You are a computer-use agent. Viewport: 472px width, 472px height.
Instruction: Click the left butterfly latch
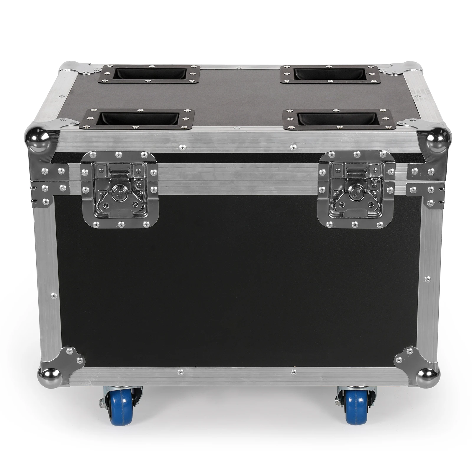[119, 190]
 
